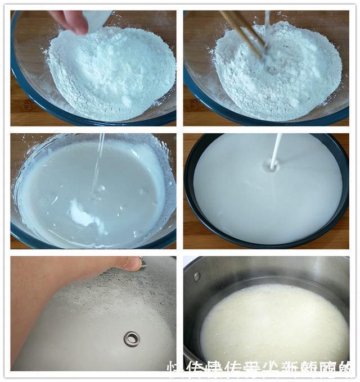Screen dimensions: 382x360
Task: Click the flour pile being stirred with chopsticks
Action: (281, 73)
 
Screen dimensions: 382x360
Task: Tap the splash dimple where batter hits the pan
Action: (272, 167)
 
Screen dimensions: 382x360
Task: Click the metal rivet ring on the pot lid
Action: (132, 338)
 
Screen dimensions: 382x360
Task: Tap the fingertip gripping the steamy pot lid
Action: (132, 263)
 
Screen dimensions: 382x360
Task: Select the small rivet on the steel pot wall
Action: (197, 276)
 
